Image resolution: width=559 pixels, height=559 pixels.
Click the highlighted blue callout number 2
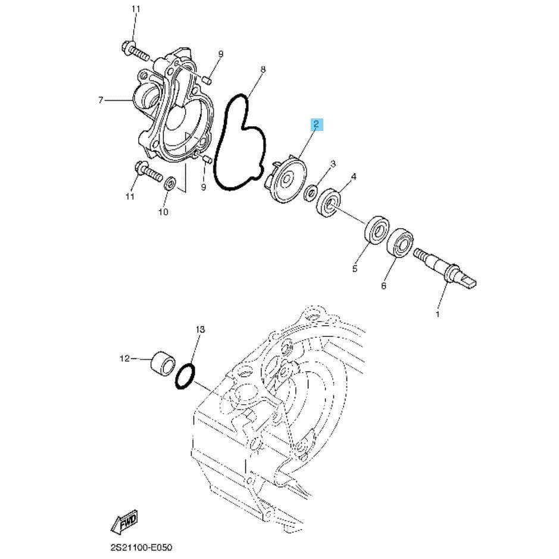point(317,124)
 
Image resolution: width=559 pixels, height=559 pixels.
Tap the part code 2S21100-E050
point(141,547)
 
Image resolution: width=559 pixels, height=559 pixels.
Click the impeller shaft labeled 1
point(445,268)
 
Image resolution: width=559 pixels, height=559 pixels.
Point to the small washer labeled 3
point(311,193)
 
